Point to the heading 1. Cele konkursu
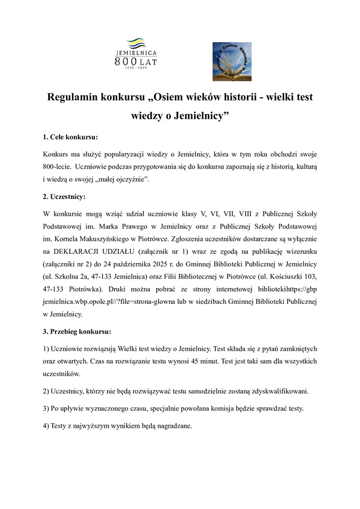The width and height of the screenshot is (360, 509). pyautogui.click(x=71, y=137)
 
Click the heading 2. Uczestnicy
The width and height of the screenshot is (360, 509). pyautogui.click(x=64, y=197)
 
